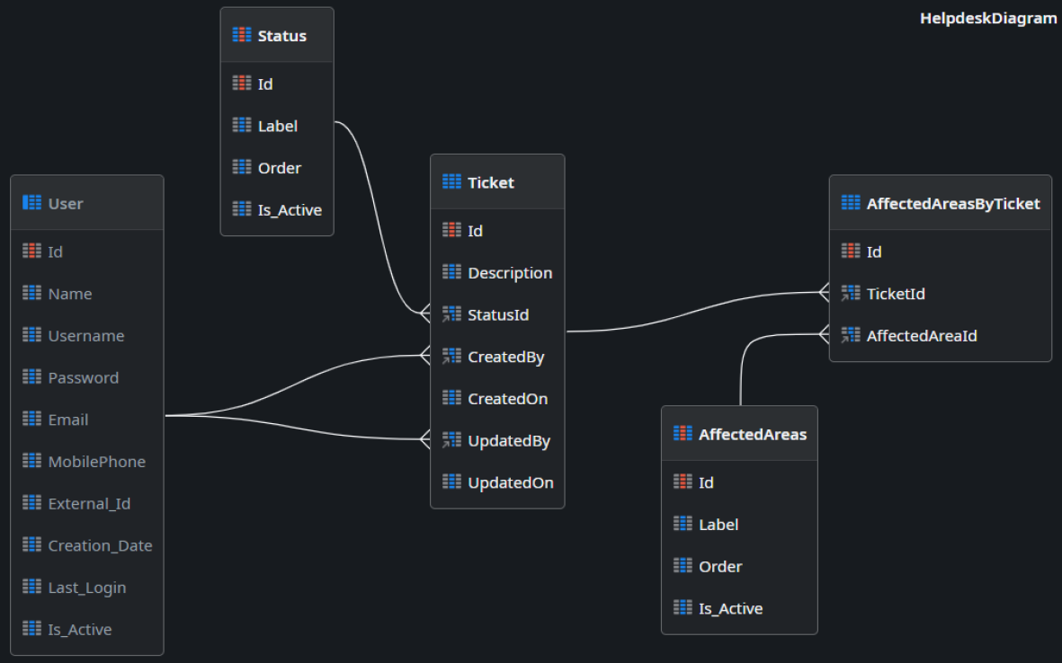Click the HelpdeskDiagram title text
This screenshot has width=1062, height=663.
click(x=987, y=18)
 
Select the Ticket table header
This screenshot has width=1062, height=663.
click(x=490, y=182)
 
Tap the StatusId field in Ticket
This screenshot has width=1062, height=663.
click(x=497, y=314)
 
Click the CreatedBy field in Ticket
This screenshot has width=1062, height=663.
click(x=505, y=357)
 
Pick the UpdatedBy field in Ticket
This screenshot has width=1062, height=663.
click(x=508, y=441)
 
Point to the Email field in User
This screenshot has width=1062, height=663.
click(x=67, y=420)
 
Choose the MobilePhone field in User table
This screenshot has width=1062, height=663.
click(x=96, y=462)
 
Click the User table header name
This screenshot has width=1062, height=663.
click(x=65, y=204)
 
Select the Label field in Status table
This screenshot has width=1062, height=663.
click(x=277, y=126)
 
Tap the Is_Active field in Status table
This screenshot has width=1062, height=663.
click(x=289, y=210)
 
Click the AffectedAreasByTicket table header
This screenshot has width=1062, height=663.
click(x=952, y=204)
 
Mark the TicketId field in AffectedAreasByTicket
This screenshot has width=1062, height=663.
click(x=895, y=294)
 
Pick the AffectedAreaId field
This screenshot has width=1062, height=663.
click(x=921, y=336)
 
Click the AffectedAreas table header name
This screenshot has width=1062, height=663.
click(x=752, y=435)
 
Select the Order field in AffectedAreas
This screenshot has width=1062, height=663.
click(x=719, y=567)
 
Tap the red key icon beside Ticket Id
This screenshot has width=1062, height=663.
click(x=451, y=231)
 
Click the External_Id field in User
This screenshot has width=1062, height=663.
click(x=89, y=504)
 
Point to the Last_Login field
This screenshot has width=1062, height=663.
click(x=86, y=588)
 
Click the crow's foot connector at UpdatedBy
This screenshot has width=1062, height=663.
click(x=426, y=440)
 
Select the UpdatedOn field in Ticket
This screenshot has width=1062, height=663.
click(x=510, y=482)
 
